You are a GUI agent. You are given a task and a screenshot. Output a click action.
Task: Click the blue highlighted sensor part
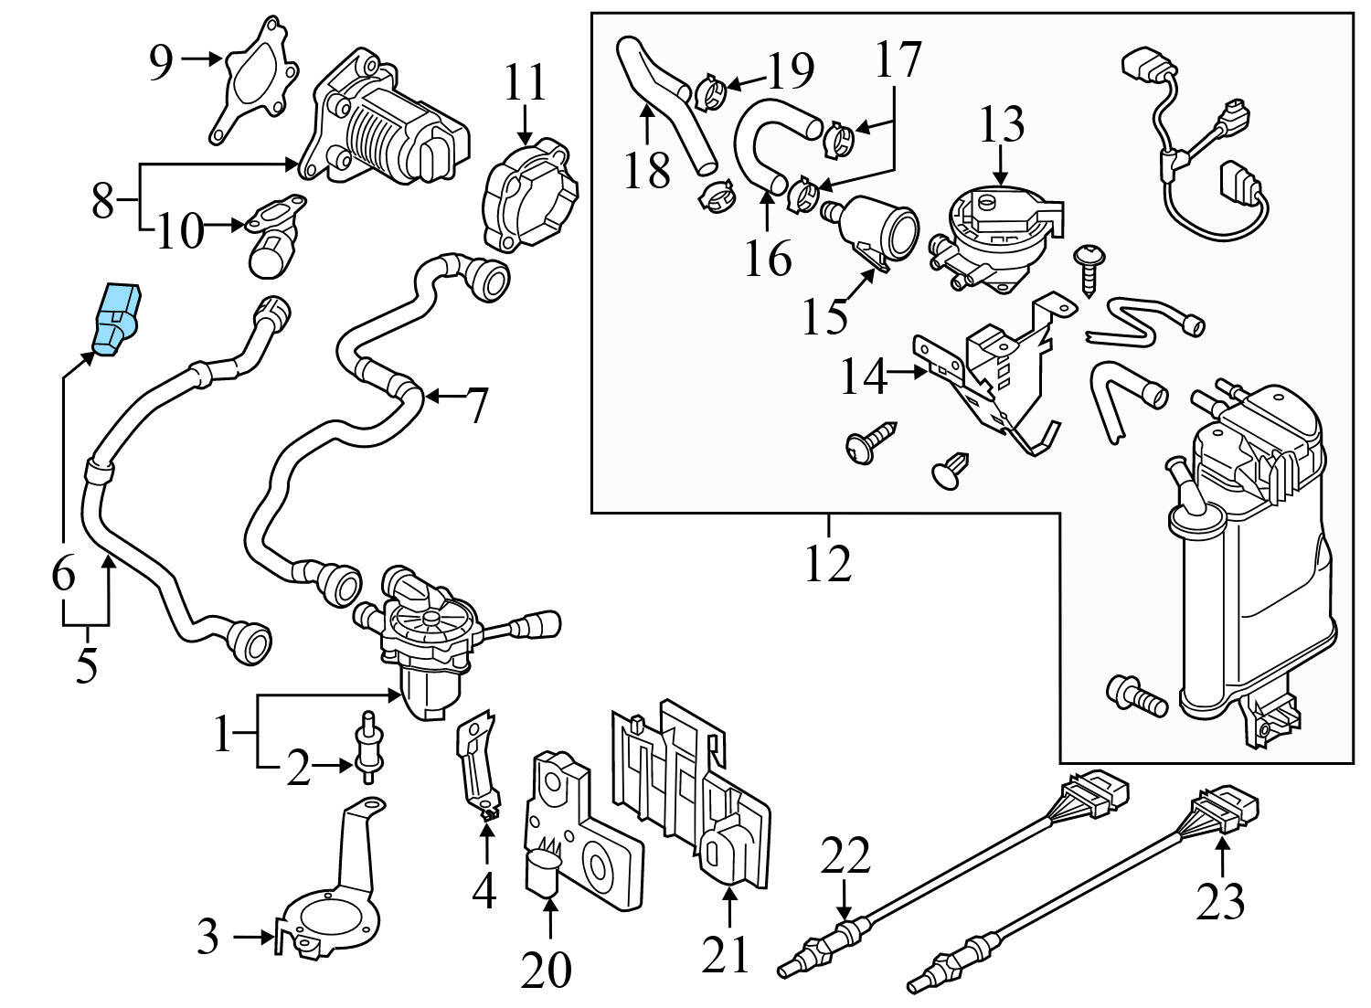pos(117,317)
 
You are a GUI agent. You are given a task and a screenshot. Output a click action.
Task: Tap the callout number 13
pos(1002,124)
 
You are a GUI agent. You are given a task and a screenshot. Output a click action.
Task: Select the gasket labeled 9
pos(255,79)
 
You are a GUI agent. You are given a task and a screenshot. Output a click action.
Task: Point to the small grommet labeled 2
pos(369,748)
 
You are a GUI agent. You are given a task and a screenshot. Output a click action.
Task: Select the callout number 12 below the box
pos(828,564)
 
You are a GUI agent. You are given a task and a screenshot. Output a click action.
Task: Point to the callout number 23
pos(1220,900)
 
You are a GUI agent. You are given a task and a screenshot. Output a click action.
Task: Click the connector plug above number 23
pos(1225,810)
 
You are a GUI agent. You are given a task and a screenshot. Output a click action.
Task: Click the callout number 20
pos(547,970)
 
